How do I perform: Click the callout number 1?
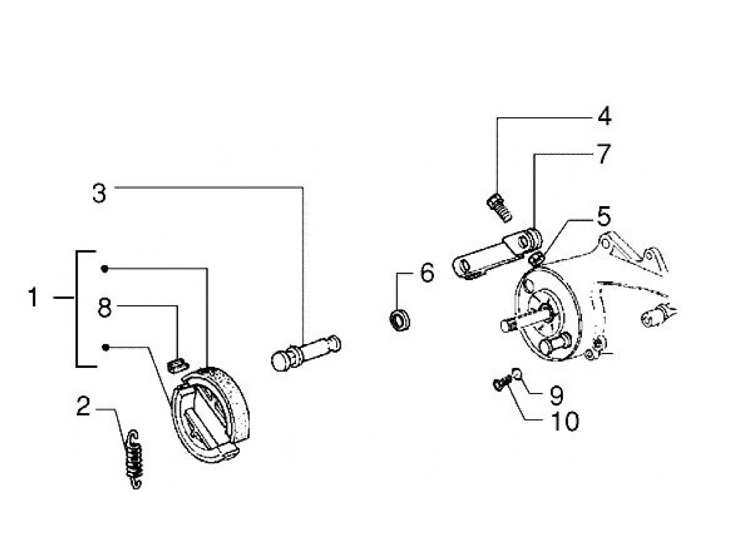(x=33, y=298)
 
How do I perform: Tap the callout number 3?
(x=99, y=193)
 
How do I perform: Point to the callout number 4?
(x=604, y=116)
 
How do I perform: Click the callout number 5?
(x=603, y=216)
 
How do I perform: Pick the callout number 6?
(x=427, y=273)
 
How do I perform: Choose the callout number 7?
(x=603, y=154)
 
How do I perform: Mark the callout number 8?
(x=105, y=308)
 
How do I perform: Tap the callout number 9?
(x=557, y=394)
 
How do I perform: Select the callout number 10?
(x=565, y=421)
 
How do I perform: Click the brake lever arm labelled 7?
(x=497, y=255)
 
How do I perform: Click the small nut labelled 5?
(x=536, y=258)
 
